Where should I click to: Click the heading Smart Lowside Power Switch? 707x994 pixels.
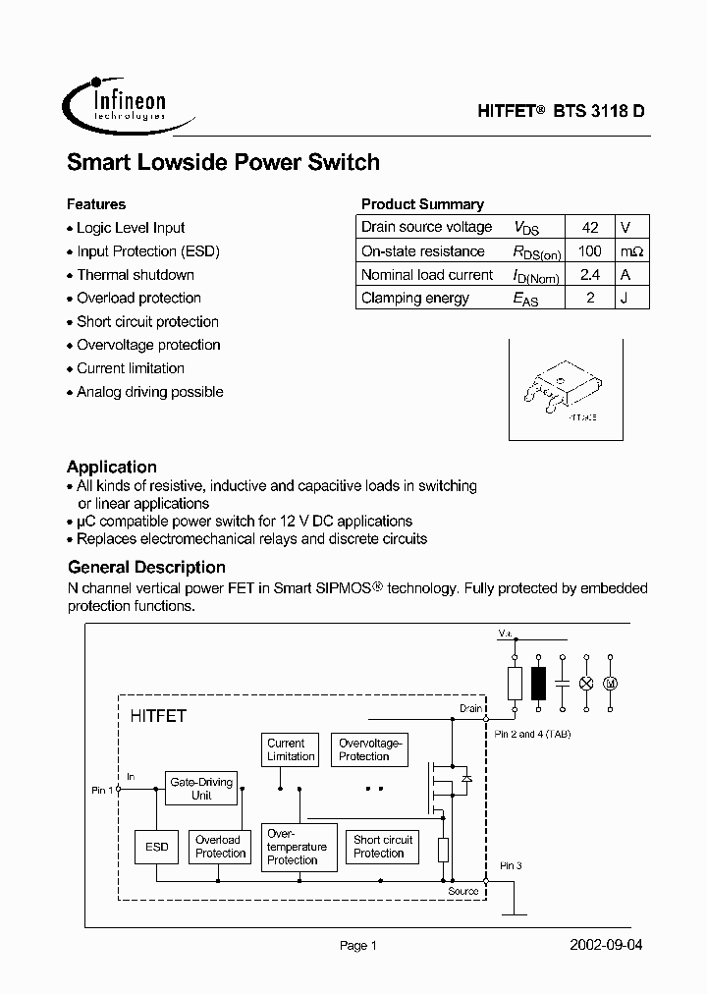tap(223, 163)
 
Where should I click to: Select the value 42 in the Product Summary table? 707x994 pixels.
tap(589, 227)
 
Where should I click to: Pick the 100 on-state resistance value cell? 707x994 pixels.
tap(589, 251)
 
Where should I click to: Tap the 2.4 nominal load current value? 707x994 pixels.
tap(589, 275)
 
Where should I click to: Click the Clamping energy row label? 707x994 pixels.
tap(415, 299)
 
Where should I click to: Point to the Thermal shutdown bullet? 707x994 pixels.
tap(136, 275)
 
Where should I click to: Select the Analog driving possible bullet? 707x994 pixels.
tap(149, 392)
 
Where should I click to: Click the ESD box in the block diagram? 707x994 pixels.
tap(157, 847)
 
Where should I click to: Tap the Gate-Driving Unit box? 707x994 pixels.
tap(201, 789)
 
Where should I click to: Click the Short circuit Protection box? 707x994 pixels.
tap(383, 847)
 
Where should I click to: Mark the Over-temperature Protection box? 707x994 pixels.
tap(297, 847)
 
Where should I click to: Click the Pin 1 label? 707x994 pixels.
tap(102, 790)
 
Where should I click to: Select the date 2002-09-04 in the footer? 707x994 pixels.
tap(606, 945)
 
